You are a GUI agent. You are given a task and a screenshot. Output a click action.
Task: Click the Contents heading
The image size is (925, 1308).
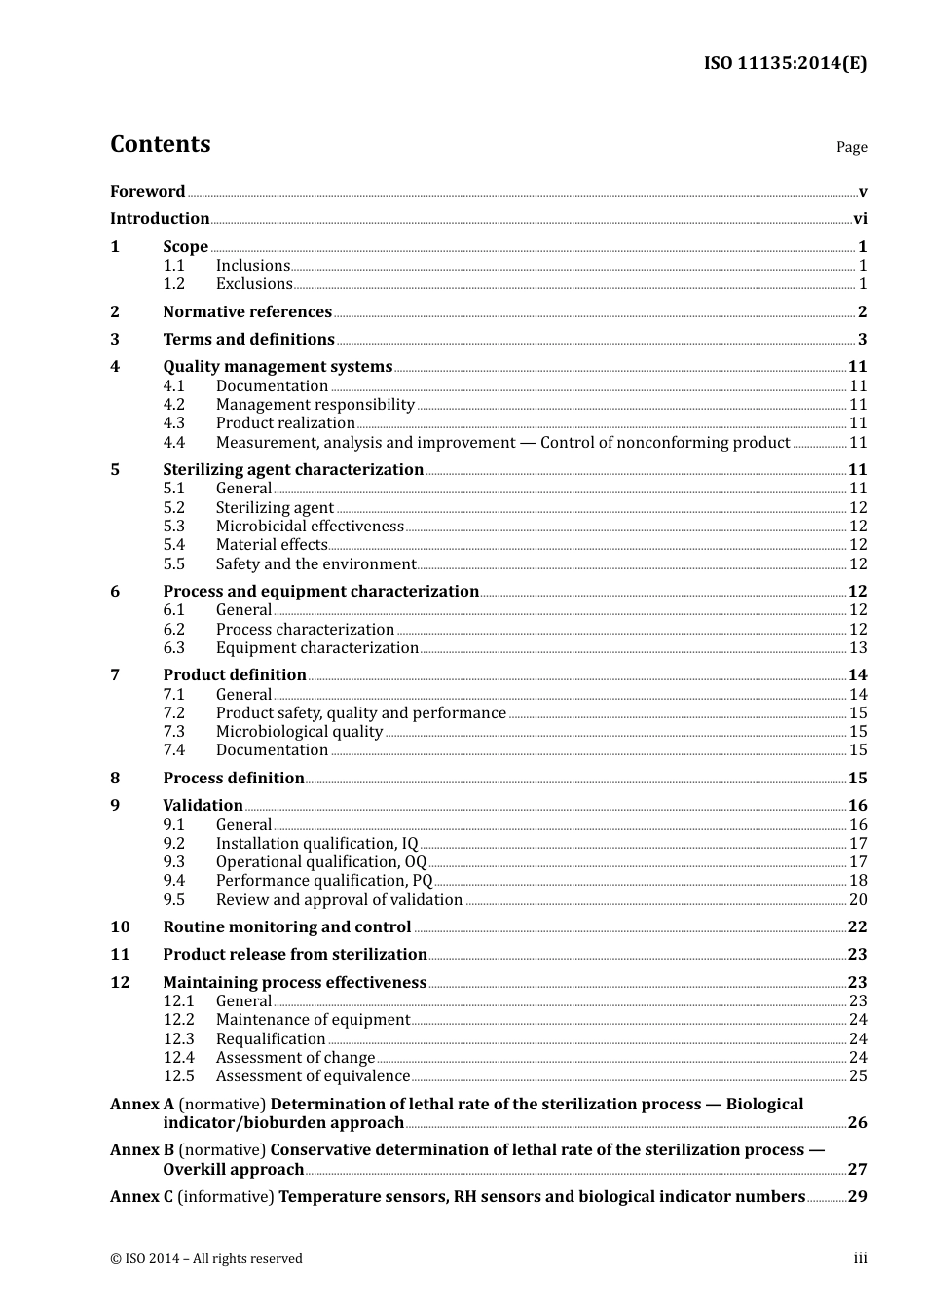pos(160,144)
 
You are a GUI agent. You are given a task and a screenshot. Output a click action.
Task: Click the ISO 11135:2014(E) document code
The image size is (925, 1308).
pos(785,64)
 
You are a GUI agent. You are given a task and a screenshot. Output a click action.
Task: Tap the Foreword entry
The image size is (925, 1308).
pos(147,192)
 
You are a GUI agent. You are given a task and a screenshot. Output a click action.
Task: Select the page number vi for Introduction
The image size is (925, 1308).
pos(860,219)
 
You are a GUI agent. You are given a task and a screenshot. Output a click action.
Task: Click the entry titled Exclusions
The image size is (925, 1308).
pos(254,284)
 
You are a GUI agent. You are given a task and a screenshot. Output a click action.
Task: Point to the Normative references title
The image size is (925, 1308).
pos(247,312)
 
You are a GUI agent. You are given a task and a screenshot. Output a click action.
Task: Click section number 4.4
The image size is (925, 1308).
pos(173,443)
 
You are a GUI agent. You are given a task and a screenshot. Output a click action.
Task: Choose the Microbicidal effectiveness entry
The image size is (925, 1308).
pos(310,527)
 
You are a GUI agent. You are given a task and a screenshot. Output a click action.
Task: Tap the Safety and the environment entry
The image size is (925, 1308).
pos(315,564)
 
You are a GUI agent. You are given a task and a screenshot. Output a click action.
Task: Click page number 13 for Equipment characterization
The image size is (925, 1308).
pos(858,648)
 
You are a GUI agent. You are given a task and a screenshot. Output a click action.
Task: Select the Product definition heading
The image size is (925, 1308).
pos(235,675)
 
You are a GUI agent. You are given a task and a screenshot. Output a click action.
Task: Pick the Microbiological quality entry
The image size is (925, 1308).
pos(299,732)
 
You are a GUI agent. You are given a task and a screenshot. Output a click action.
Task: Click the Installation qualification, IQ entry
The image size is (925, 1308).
pos(316,844)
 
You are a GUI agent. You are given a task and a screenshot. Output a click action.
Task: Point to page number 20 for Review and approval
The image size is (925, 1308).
pos(858,900)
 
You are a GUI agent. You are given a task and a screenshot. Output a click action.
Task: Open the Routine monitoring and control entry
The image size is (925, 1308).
pos(287,927)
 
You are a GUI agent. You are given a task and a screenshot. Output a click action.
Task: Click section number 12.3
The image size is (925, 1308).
pos(178,1039)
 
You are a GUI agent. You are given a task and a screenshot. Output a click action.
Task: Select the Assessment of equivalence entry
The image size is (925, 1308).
pos(313,1076)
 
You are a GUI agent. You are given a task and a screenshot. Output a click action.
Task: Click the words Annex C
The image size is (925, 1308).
pos(142,1197)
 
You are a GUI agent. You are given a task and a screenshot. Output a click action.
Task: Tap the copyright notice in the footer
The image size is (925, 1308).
pos(206,1259)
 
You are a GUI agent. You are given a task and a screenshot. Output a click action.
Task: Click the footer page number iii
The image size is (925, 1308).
pos(860,1258)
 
